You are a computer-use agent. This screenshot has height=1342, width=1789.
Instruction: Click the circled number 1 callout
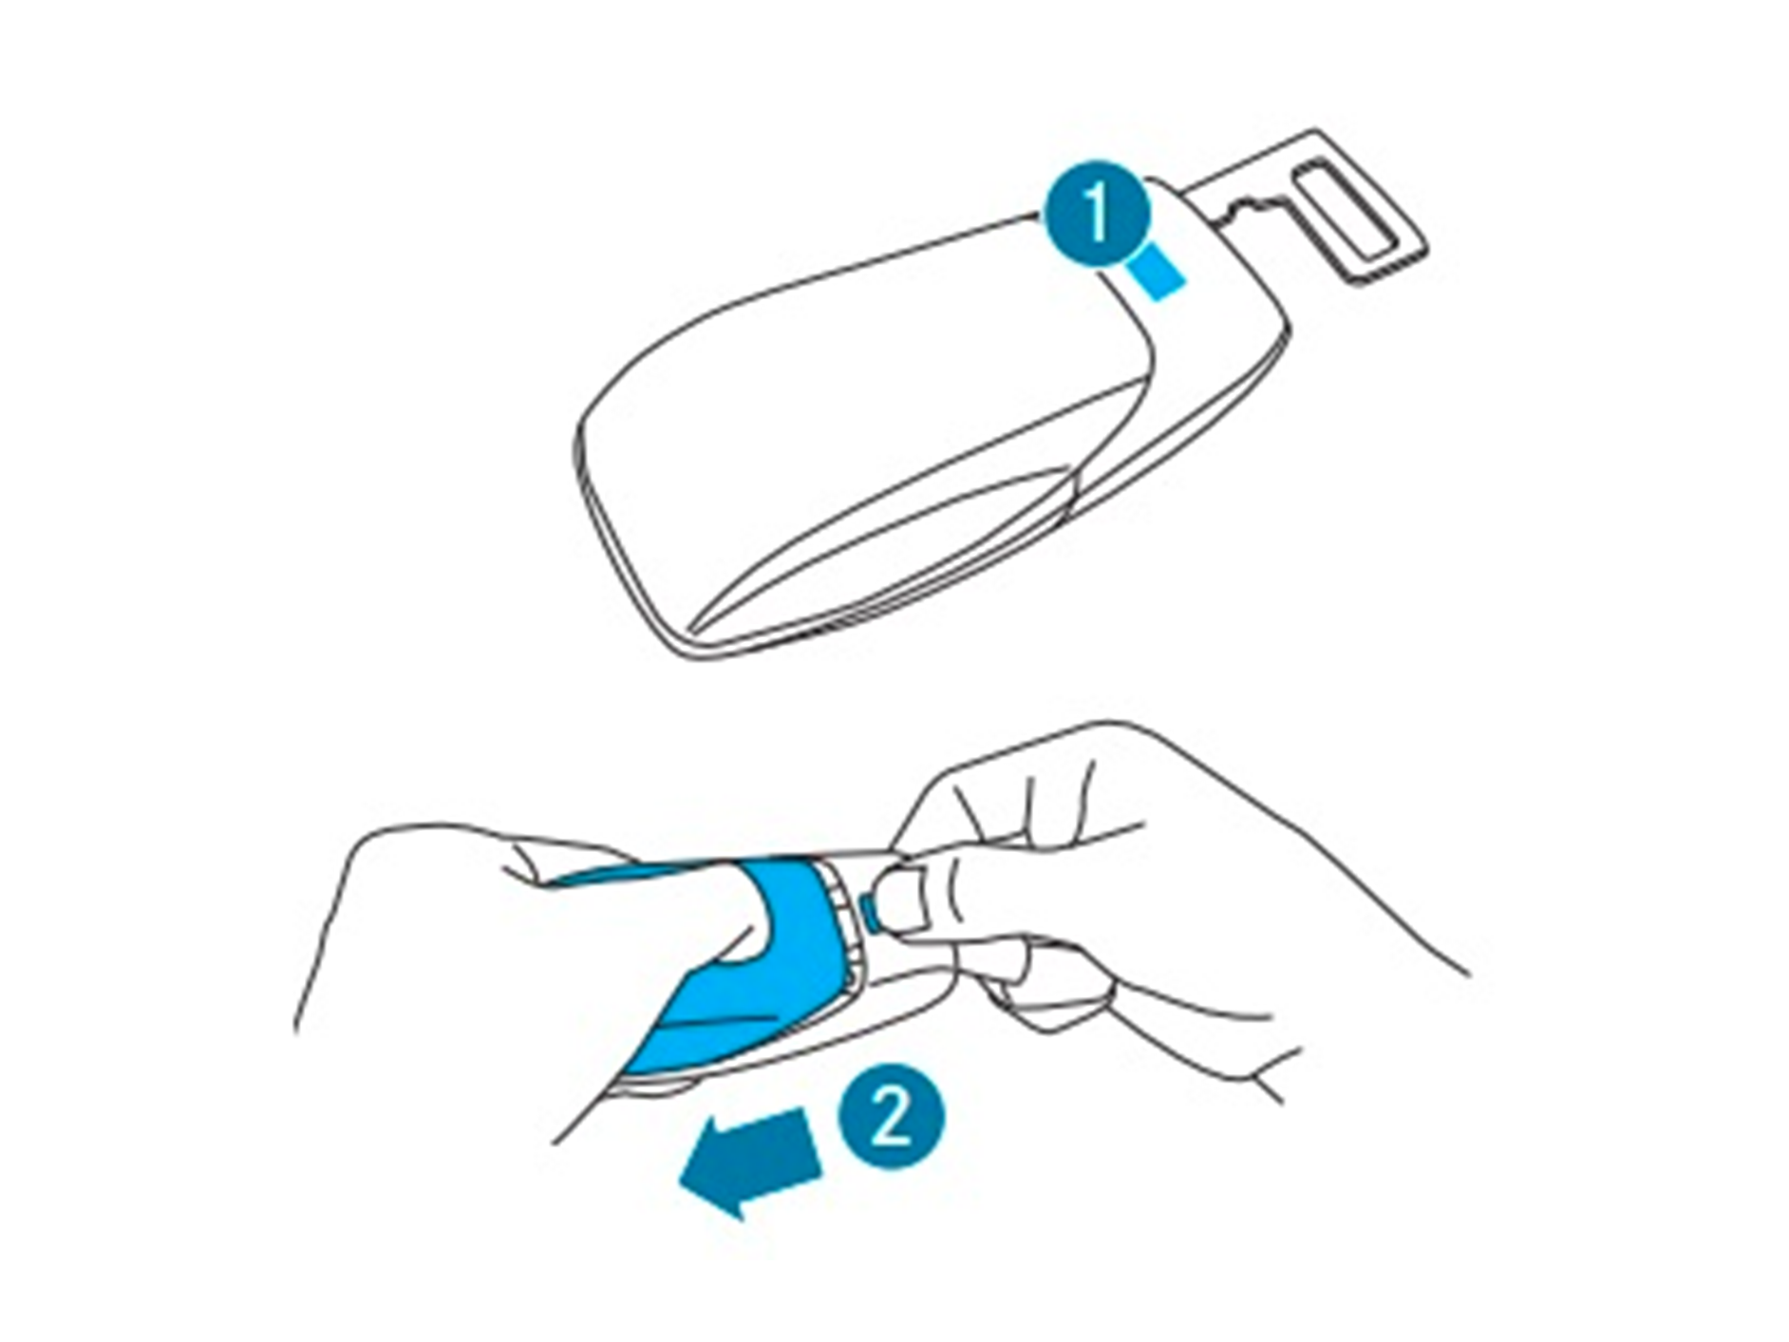(1097, 214)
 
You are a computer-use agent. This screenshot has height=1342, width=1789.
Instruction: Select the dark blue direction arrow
(750, 1161)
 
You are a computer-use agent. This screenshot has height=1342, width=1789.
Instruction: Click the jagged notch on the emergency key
(1251, 206)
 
